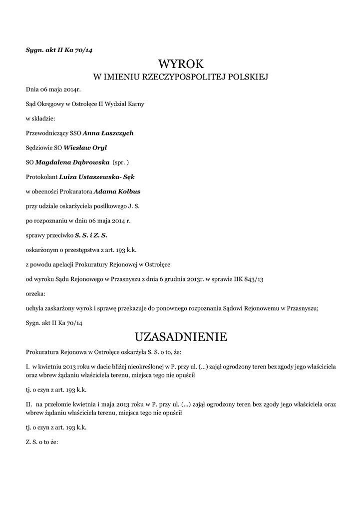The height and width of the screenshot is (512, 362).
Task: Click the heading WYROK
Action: (181, 64)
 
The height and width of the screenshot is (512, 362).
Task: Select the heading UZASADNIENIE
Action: (181, 337)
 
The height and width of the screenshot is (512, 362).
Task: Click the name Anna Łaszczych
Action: (108, 133)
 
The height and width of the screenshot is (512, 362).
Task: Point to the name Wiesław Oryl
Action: (85, 147)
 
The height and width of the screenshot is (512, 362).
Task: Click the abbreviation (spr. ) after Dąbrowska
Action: (121, 162)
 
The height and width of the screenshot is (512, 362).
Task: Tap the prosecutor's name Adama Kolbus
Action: (117, 191)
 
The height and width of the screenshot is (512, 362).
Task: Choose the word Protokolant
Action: (41, 176)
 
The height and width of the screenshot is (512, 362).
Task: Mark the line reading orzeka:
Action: (35, 293)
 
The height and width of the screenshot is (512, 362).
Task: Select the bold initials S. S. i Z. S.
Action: (91, 235)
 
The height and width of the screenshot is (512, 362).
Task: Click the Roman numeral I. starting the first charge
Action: (27, 366)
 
